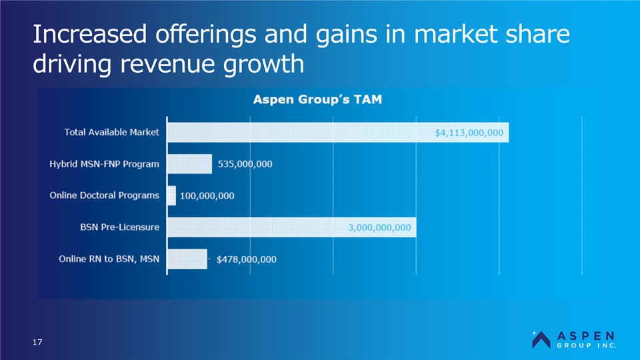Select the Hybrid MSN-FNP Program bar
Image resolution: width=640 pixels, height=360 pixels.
point(189,164)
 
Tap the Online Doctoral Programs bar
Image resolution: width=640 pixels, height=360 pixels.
point(171,195)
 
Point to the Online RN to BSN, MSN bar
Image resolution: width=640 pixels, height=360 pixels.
point(187,259)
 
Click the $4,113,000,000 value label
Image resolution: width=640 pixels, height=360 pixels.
point(469,133)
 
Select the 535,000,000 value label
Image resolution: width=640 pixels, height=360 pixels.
point(245,164)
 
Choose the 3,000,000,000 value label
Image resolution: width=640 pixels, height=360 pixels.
point(379,227)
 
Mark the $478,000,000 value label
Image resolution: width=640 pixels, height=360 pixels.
point(246,259)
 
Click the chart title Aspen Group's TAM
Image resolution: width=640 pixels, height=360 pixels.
point(321,100)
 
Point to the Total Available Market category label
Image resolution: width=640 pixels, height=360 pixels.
point(111,132)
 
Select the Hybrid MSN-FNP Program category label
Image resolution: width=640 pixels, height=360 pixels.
point(104,164)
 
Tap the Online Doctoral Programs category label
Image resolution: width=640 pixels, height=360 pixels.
point(104,195)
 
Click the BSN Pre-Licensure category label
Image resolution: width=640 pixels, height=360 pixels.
point(116,227)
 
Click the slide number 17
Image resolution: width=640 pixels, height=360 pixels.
point(38,343)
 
